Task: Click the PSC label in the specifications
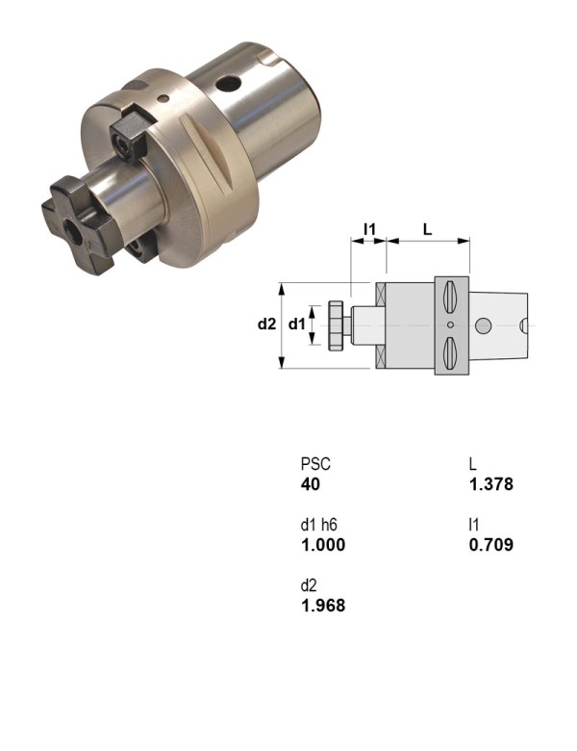click(x=315, y=463)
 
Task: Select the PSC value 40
click(x=310, y=484)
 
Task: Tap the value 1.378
click(x=490, y=484)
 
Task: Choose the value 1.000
click(x=322, y=545)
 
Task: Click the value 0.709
click(x=490, y=545)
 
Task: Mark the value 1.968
click(x=322, y=606)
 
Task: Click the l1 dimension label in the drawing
click(x=368, y=229)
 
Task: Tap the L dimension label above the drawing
click(x=427, y=229)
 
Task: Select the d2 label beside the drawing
click(x=266, y=324)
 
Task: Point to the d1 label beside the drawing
click(x=297, y=324)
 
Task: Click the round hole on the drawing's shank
click(x=485, y=325)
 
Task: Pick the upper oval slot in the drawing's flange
click(x=450, y=299)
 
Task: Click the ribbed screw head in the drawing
click(x=337, y=325)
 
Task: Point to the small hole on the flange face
click(x=164, y=96)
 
